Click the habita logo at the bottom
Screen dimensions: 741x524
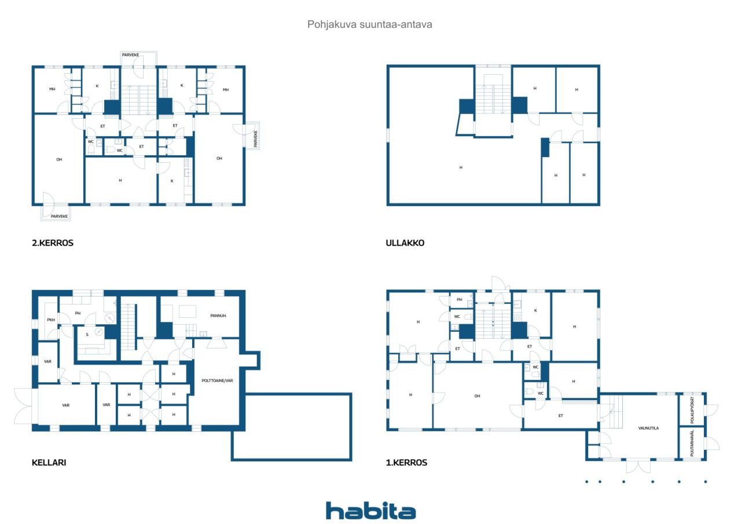370,511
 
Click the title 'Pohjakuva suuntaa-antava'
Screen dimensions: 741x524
369,24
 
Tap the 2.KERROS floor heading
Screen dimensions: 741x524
53,243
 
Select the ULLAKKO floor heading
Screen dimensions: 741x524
405,243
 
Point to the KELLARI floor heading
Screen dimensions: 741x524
49,463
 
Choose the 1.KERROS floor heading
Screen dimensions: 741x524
406,463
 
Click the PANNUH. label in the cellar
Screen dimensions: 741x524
218,316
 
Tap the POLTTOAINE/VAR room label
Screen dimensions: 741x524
217,380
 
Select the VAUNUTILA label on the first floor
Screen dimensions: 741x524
648,428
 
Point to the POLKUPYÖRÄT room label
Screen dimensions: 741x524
692,410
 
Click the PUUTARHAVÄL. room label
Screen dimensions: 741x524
692,444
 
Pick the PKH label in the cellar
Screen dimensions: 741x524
51,320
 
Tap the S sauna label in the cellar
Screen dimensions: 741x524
87,335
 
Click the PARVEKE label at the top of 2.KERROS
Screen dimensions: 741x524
131,55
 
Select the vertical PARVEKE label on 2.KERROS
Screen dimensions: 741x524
255,138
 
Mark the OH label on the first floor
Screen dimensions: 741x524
477,396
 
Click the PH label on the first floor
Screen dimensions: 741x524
460,300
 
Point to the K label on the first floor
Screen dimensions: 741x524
535,310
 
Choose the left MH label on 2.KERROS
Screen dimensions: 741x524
52,89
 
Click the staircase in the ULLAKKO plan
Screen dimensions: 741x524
493,99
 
